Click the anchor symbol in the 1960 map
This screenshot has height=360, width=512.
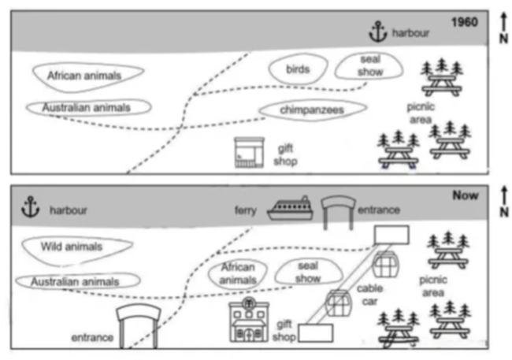379,32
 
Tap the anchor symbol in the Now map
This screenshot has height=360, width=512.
31,208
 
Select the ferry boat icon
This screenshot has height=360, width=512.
290,209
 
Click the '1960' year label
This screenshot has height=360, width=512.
464,22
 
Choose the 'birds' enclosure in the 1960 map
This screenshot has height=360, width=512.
297,69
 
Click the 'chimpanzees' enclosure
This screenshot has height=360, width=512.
312,110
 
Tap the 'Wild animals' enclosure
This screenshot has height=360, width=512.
72,247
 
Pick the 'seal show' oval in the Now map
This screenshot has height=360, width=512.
308,273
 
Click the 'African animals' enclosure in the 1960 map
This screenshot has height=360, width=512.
87,76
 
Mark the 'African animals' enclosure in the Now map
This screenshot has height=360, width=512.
238,273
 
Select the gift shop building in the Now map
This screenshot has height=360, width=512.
249,321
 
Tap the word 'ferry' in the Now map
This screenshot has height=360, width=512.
246,210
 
